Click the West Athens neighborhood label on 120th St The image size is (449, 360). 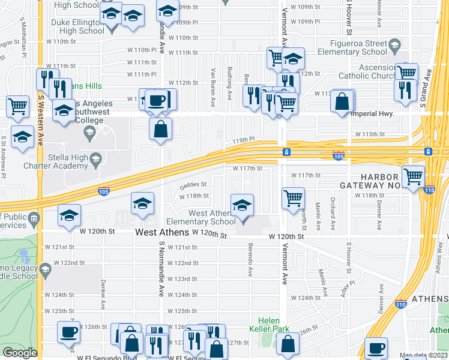162,232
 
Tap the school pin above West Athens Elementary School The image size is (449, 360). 242,205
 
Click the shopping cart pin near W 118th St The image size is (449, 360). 292,197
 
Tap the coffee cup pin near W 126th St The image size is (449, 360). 68,331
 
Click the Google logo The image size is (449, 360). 20,353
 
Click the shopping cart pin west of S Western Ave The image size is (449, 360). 18,106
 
